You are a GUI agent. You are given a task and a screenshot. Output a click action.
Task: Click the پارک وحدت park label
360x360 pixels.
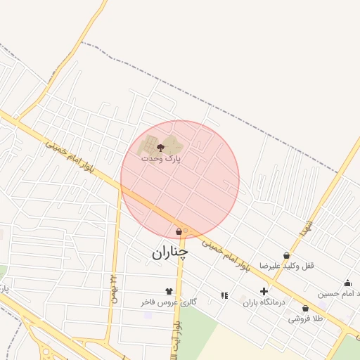[x=161, y=159]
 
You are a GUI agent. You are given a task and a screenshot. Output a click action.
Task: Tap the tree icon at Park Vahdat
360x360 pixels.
[x=161, y=148]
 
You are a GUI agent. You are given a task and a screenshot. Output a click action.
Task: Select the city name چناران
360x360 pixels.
[x=169, y=252]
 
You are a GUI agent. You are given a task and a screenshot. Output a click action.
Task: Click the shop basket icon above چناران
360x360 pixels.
[x=179, y=231]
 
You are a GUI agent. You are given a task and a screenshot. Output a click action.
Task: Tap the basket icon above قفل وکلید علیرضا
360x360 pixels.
[x=286, y=255]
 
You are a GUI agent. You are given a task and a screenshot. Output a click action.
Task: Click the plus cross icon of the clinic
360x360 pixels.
[x=264, y=291]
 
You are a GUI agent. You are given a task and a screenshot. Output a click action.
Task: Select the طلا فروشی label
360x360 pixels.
[x=304, y=319]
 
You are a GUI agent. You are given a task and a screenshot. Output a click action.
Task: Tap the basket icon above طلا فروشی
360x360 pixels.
[x=305, y=308]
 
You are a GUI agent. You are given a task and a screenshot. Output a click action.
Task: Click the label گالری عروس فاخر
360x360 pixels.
[x=169, y=302]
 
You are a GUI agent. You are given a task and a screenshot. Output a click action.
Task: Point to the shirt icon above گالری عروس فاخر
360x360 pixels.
[x=169, y=290]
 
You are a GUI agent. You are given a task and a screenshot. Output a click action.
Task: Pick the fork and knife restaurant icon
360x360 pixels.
[x=224, y=296]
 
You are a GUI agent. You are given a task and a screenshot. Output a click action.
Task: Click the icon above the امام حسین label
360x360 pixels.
[x=347, y=283]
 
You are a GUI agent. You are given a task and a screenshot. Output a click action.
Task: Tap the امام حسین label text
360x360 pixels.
[x=340, y=293]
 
